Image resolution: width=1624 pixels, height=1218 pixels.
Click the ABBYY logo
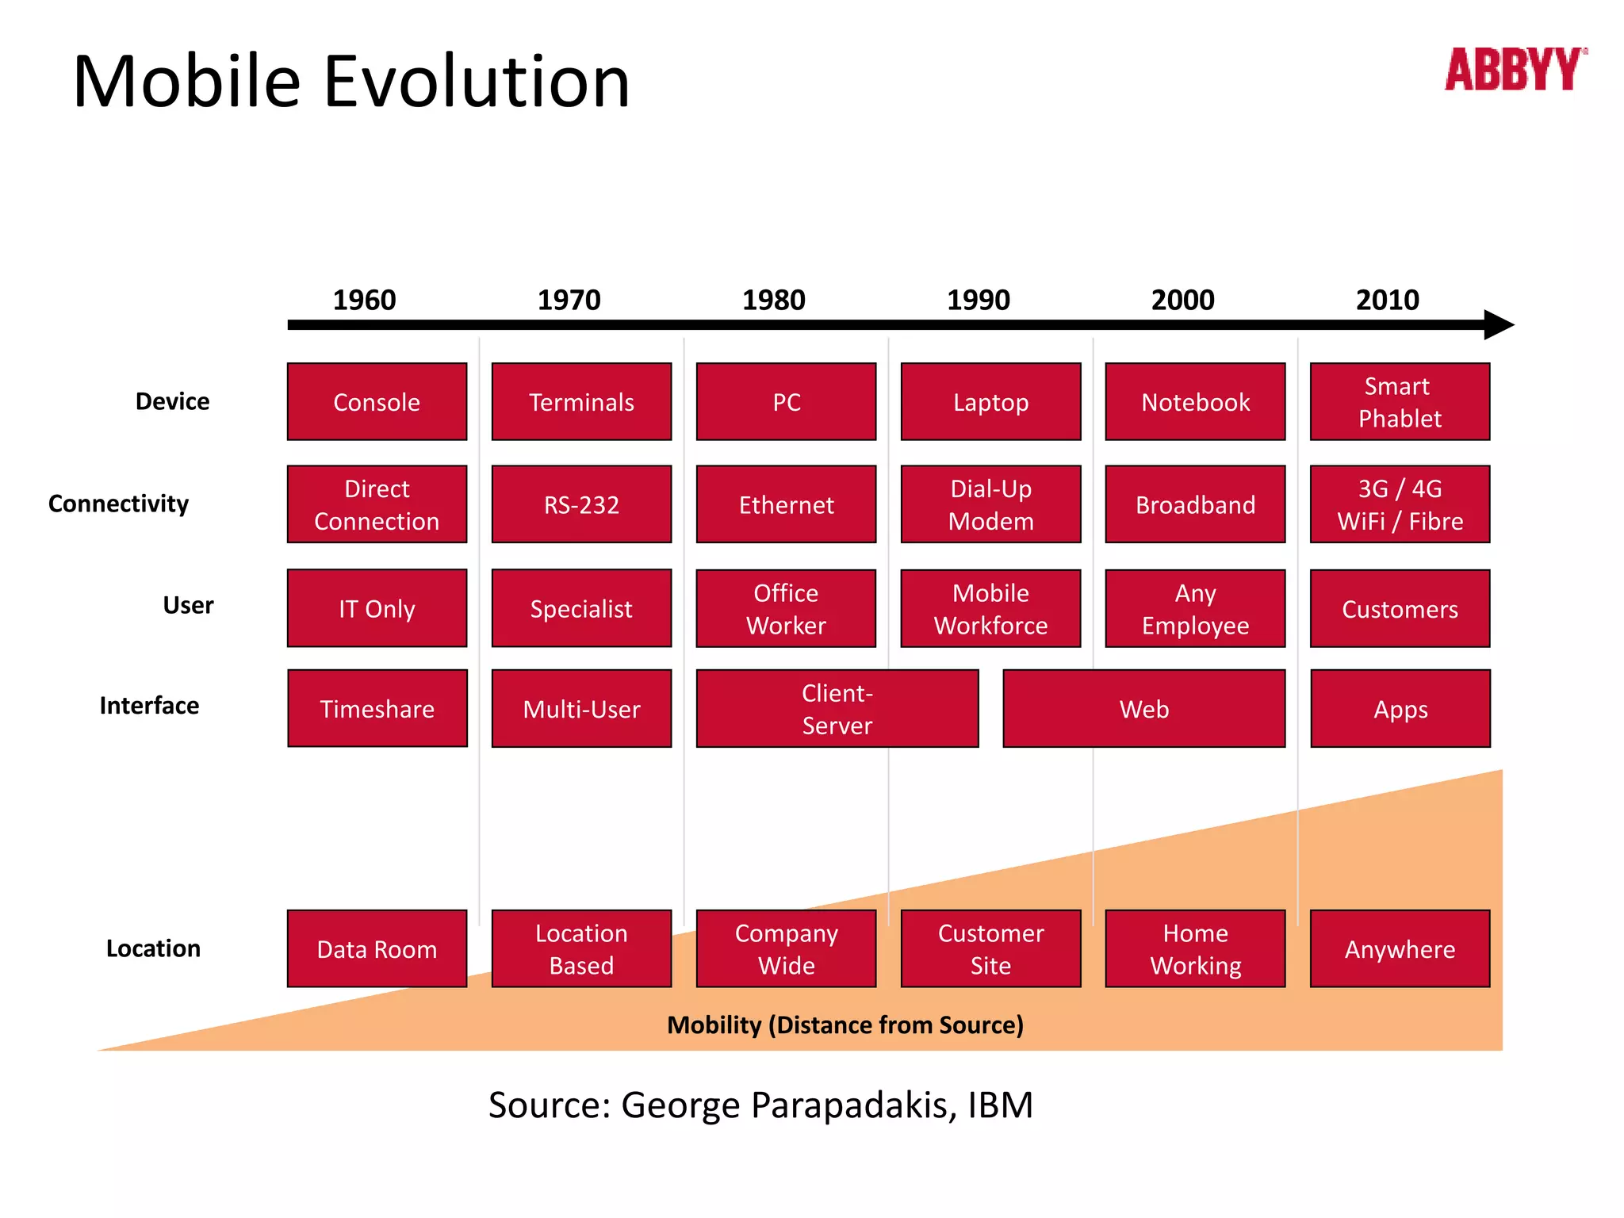click(1515, 70)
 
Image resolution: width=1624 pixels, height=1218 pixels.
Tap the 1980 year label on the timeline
click(773, 300)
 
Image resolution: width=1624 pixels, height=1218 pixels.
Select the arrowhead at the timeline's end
click(1498, 324)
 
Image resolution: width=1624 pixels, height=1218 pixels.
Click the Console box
click(377, 401)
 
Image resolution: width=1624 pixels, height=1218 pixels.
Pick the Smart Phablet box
click(1400, 401)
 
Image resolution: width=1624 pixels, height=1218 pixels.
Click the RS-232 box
click(581, 504)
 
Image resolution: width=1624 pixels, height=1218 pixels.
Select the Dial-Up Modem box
click(990, 504)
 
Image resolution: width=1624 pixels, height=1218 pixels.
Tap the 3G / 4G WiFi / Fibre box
click(1400, 504)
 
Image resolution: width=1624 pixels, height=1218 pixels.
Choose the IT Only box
click(377, 608)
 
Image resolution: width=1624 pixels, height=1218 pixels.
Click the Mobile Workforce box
click(990, 608)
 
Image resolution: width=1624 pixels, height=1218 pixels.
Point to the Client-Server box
click(837, 708)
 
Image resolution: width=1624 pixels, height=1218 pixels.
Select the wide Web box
click(1143, 708)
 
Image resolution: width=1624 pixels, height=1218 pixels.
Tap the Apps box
click(1400, 708)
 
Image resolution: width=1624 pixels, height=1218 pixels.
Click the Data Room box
click(377, 948)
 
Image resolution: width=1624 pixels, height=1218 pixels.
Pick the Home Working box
click(1195, 948)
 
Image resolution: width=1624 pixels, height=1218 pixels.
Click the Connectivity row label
click(119, 504)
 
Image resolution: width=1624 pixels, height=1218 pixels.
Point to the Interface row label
click(149, 705)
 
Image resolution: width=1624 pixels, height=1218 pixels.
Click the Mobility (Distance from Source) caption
click(845, 1025)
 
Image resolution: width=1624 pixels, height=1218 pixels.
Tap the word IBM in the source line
click(1000, 1105)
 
